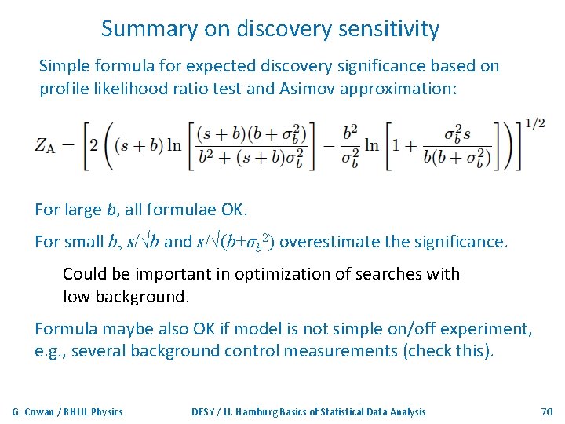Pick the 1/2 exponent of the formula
pyautogui.click(x=535, y=124)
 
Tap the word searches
pyautogui.click(x=384, y=274)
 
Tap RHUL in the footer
pyautogui.click(x=76, y=411)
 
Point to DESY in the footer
pyautogui.click(x=206, y=411)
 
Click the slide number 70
pyautogui.click(x=546, y=411)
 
